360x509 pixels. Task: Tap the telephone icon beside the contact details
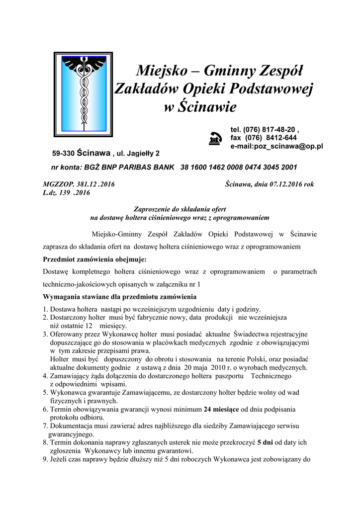point(215,139)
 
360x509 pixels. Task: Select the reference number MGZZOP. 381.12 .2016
point(79,184)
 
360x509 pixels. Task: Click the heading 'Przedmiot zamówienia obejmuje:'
point(94,259)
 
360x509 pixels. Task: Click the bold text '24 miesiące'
point(222,409)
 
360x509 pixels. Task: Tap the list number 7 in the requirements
point(45,425)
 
